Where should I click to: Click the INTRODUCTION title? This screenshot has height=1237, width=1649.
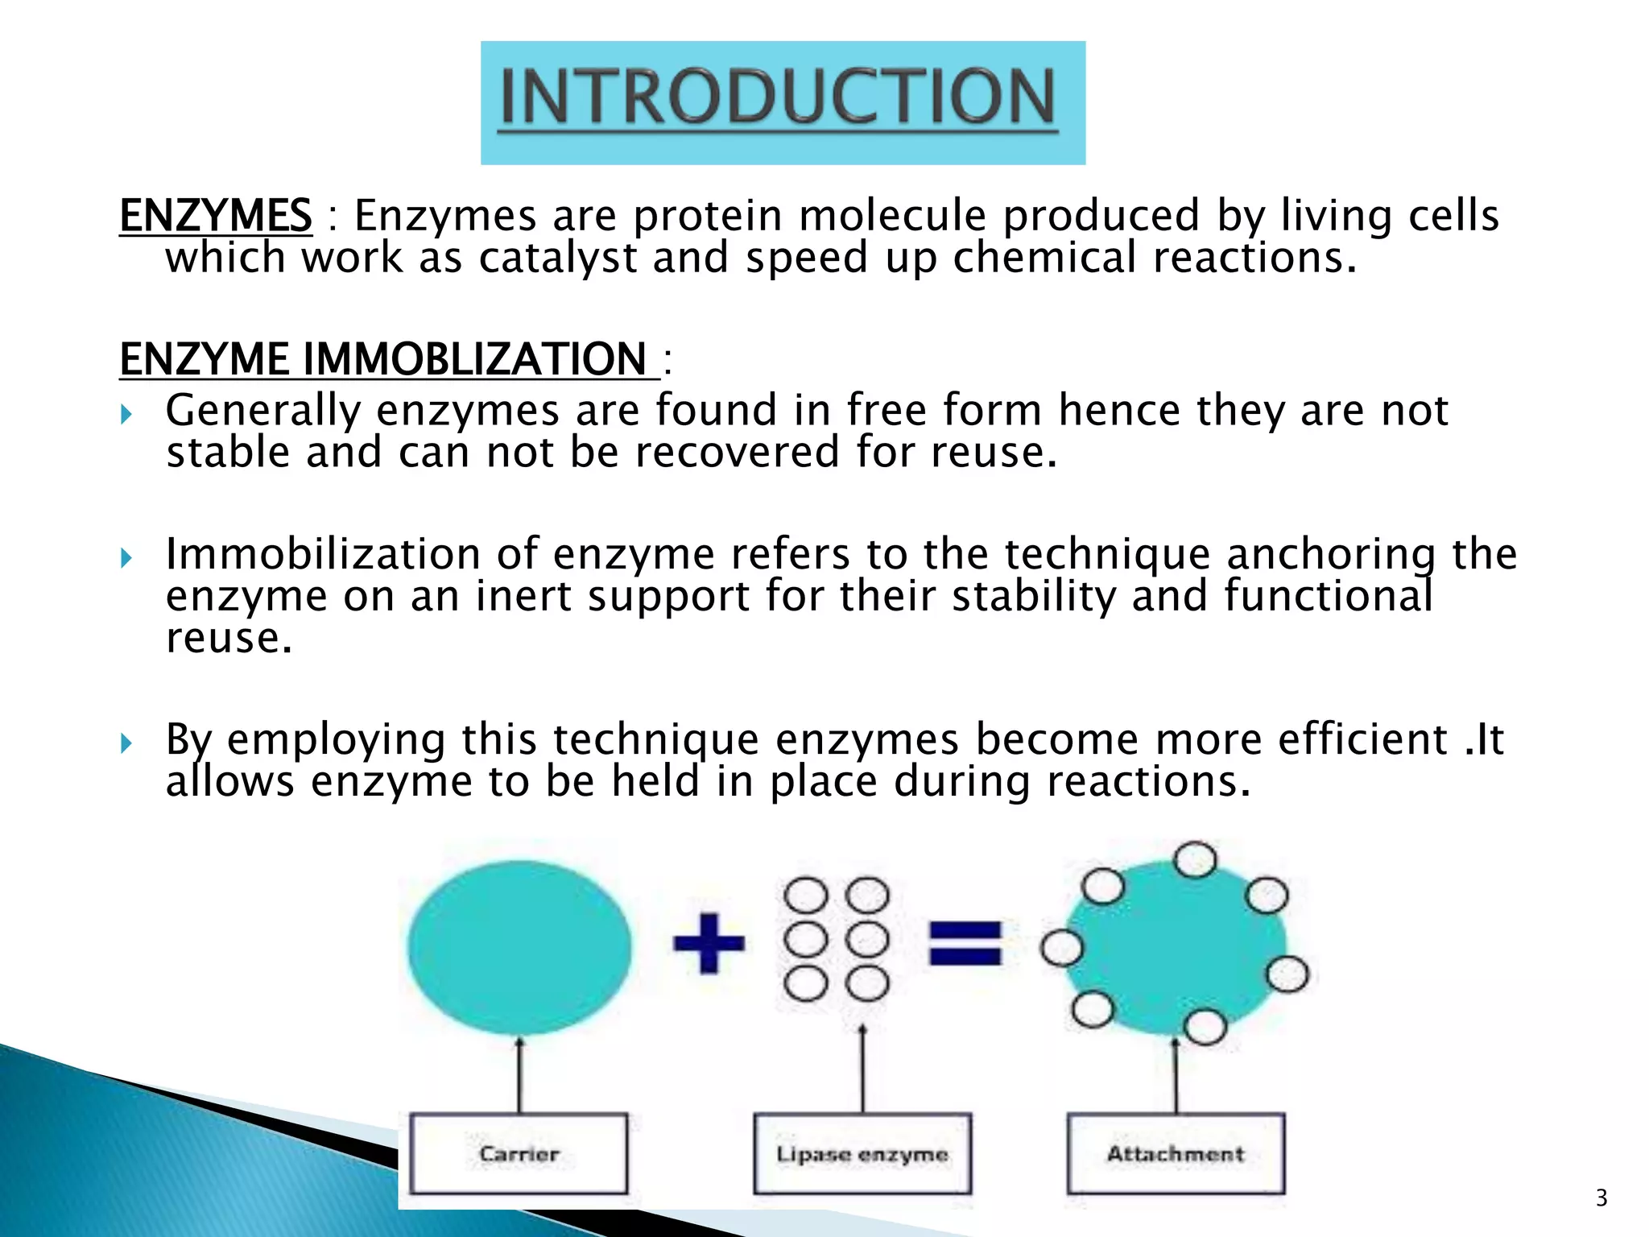click(778, 98)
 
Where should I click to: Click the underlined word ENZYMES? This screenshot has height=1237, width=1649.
click(216, 216)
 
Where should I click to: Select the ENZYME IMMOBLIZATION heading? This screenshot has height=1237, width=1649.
click(383, 359)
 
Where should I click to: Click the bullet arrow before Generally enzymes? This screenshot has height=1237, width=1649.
click(126, 415)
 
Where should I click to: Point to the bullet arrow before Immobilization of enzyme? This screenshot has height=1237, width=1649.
click(126, 557)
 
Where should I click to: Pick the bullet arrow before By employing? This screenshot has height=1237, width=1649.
click(126, 743)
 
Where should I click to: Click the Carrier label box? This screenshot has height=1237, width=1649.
click(519, 1153)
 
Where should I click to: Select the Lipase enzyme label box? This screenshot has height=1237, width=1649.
click(862, 1153)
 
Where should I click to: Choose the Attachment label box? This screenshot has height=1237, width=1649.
click(1176, 1153)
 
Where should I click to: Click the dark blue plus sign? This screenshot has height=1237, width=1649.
click(709, 942)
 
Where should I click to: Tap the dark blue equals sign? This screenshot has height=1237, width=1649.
click(965, 943)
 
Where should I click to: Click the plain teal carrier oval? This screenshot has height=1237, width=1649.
click(519, 947)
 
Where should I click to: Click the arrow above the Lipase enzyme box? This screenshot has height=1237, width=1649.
click(862, 1068)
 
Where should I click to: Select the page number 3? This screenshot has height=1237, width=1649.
click(1601, 1198)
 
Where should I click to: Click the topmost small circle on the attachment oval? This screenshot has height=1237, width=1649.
click(1195, 859)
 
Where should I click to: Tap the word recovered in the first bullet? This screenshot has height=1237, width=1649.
click(736, 453)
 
